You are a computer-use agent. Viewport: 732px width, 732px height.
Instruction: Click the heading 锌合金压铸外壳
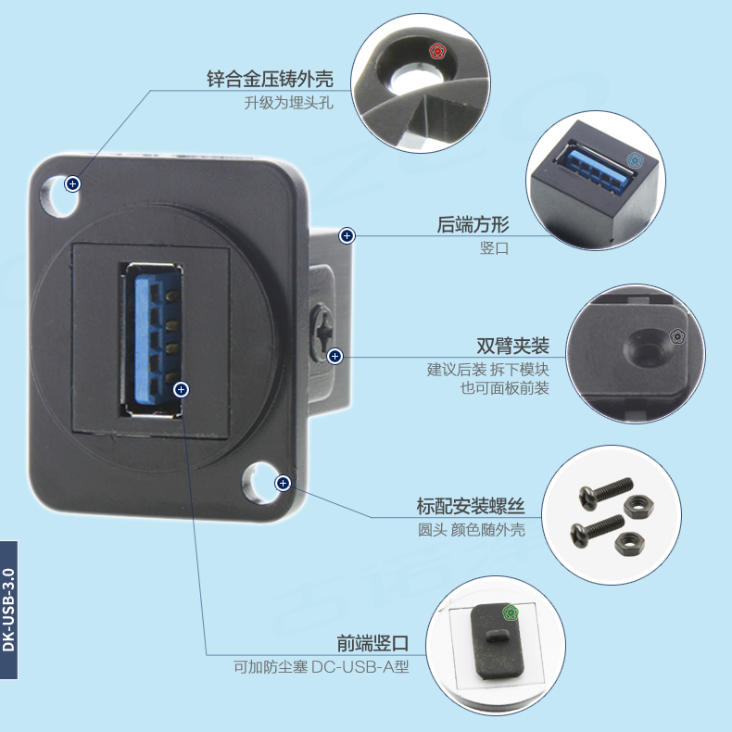coord(269,79)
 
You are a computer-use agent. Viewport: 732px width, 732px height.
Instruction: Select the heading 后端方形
coord(473,225)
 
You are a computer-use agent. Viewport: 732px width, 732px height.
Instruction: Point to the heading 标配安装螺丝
coord(471,507)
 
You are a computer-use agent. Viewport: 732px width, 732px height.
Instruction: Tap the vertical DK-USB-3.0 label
coord(8,609)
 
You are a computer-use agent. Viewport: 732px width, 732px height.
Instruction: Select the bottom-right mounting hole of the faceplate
coord(259,483)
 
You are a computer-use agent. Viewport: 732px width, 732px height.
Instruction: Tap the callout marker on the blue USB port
coord(182,389)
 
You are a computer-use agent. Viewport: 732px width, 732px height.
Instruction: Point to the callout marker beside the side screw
coord(335,355)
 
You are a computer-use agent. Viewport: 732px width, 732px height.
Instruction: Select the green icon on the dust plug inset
coord(510,612)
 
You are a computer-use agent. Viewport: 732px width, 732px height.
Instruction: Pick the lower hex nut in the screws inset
coord(625,539)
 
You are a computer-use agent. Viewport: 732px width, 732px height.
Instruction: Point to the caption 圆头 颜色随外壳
coord(471,530)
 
